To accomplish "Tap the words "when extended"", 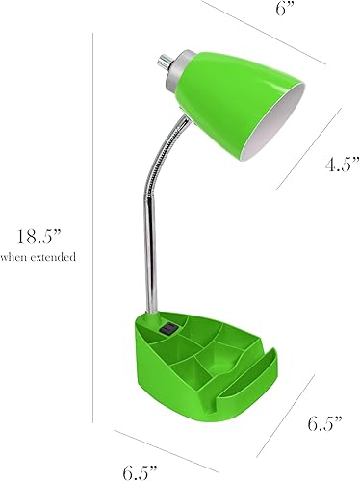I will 39,257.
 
